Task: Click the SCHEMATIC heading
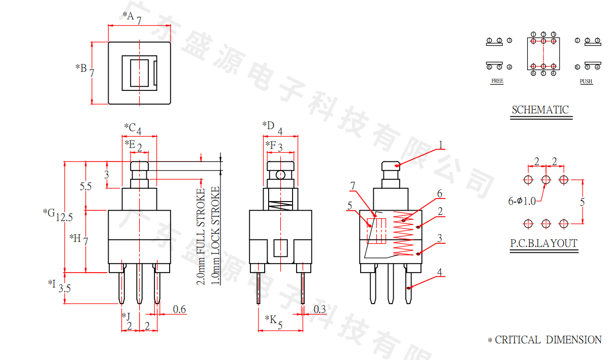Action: coord(540,110)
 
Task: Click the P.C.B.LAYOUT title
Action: coord(544,243)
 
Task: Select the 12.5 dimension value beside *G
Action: coord(64,217)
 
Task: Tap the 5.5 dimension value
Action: coord(86,186)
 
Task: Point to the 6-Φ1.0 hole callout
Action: coord(522,202)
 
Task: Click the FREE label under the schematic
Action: coord(497,81)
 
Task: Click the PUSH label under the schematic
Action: coord(586,81)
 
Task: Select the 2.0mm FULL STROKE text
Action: coord(201,236)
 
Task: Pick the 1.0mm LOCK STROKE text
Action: coord(216,236)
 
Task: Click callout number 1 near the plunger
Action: coord(441,145)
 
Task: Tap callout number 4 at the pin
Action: coord(440,273)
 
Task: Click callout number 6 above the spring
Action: coord(440,193)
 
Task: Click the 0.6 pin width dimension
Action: coord(179,309)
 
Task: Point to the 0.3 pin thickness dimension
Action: coord(319,309)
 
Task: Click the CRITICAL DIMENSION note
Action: coord(544,340)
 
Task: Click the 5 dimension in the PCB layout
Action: coord(583,202)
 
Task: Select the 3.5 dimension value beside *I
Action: coord(64,288)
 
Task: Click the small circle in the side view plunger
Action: coord(280,175)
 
